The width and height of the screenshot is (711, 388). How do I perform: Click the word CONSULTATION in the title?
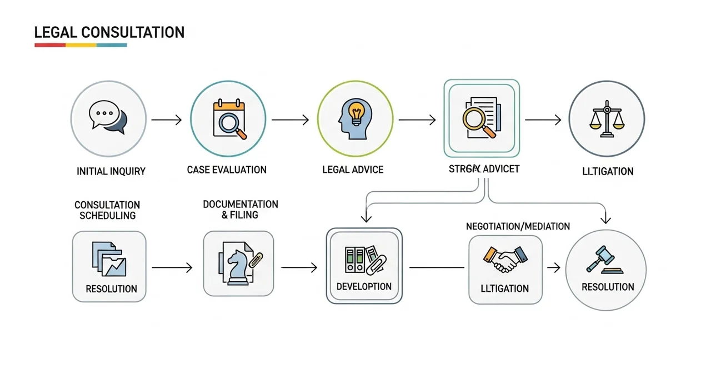[x=133, y=32]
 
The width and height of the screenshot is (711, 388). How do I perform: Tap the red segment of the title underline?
[x=50, y=45]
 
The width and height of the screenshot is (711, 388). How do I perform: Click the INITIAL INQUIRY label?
[x=111, y=171]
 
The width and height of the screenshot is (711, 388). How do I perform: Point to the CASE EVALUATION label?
[x=227, y=170]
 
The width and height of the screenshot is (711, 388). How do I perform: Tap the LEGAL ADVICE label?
[x=353, y=170]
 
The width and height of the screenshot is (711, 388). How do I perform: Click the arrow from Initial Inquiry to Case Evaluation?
[x=166, y=119]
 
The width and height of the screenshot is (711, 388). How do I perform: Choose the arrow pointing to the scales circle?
[x=543, y=119]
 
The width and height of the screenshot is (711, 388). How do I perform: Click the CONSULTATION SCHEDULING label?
[x=107, y=211]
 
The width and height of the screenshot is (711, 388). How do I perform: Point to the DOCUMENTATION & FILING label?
[x=241, y=210]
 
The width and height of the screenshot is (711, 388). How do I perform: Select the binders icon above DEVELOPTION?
[x=363, y=259]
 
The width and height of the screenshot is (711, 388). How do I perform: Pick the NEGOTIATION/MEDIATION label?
[x=518, y=226]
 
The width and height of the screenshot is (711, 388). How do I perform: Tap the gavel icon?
[x=604, y=259]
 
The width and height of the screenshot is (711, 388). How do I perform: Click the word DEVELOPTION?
[x=364, y=287]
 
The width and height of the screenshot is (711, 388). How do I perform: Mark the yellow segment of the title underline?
[x=81, y=45]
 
